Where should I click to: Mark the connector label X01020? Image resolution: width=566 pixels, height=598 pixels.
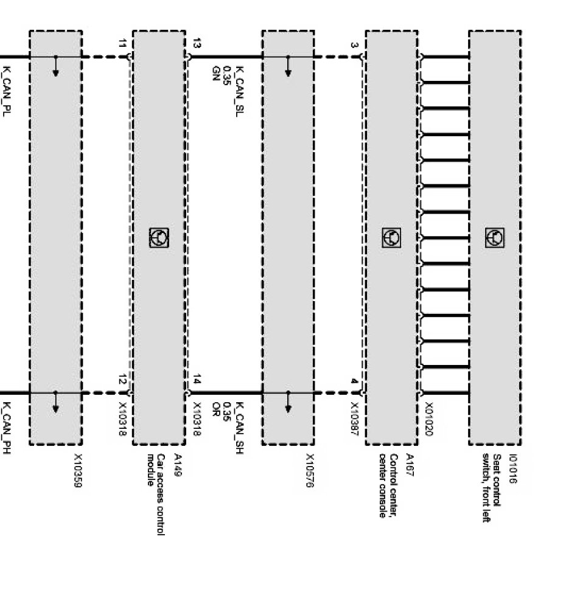point(428,420)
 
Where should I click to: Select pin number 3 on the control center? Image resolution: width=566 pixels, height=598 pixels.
point(354,44)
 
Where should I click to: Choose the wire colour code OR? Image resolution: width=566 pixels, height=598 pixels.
point(215,406)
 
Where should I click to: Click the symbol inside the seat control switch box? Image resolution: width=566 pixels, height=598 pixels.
point(494,237)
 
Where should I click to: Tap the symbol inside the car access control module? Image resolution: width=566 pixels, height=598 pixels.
point(158,237)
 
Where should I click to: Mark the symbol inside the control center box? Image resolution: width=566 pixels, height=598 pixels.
point(391,237)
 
